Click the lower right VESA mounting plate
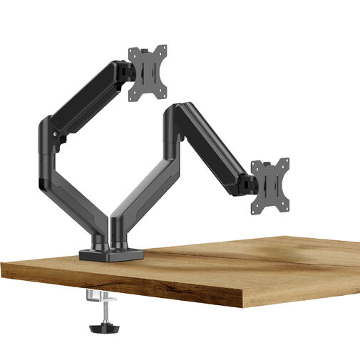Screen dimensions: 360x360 tap(269, 185)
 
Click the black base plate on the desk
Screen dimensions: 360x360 tap(111, 253)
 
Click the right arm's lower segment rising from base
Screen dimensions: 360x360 tap(143, 185)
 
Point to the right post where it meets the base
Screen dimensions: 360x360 tap(118, 239)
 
